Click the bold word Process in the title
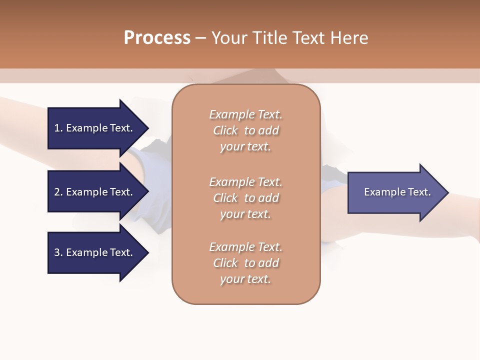(x=157, y=38)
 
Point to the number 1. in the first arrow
(x=58, y=128)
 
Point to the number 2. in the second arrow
(x=58, y=192)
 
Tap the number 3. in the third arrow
(x=58, y=252)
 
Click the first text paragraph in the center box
(x=245, y=130)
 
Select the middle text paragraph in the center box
(x=245, y=198)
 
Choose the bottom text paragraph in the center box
(x=245, y=263)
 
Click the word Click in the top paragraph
(x=225, y=130)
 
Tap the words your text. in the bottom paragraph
(x=245, y=279)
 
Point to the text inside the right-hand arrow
(x=397, y=192)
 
